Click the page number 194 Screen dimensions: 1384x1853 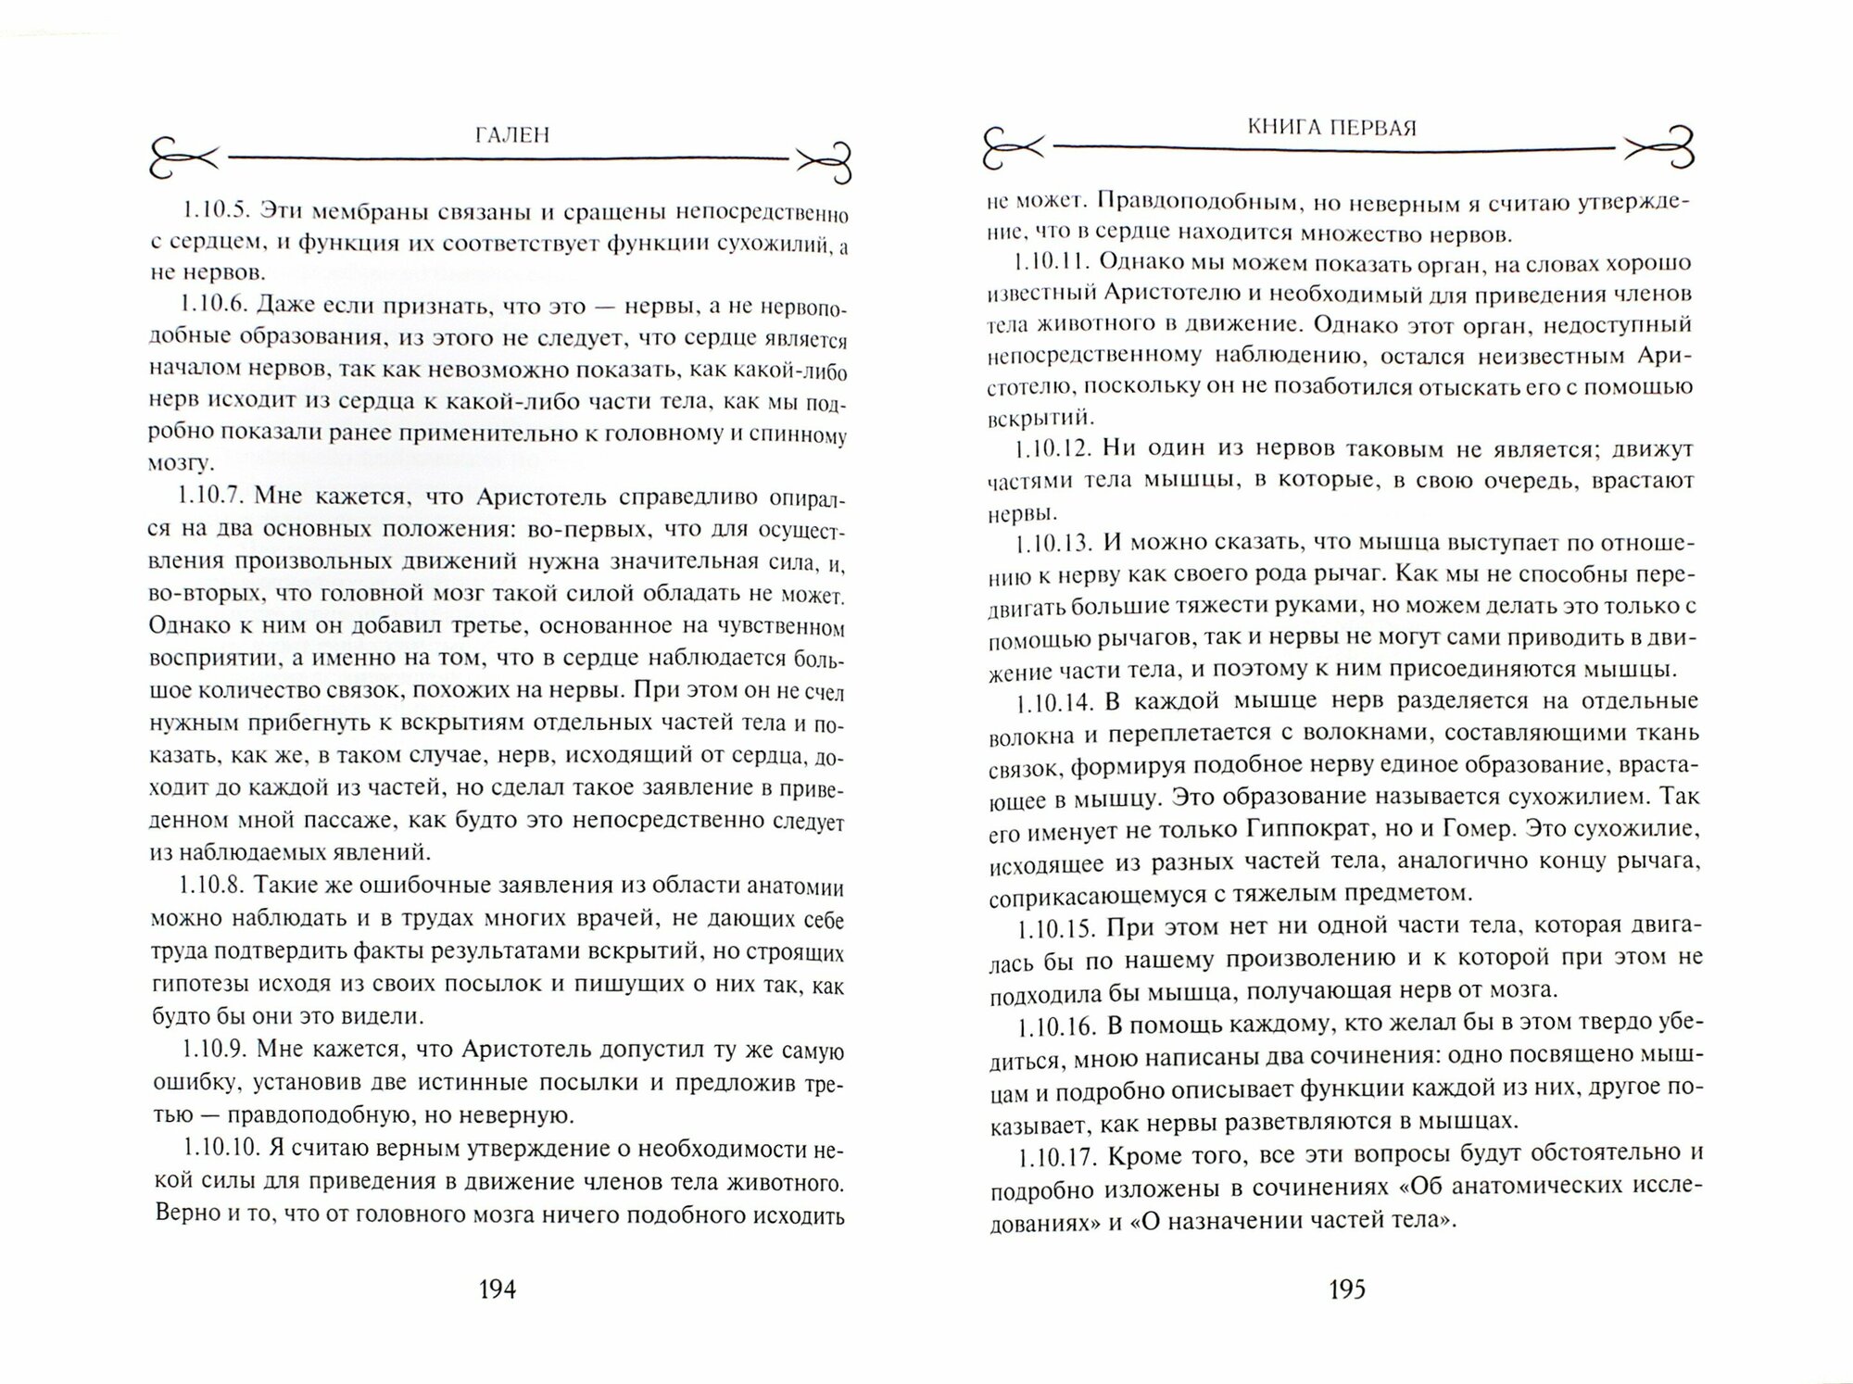[x=496, y=1289]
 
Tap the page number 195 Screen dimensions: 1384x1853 [x=1346, y=1289]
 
